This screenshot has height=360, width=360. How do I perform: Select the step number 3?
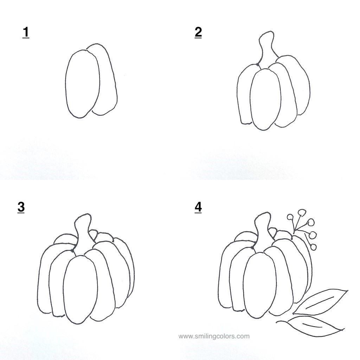21,207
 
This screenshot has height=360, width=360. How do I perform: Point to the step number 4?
198,207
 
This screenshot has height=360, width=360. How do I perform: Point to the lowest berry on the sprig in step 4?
313,247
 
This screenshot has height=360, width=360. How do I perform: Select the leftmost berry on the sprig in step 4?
290,217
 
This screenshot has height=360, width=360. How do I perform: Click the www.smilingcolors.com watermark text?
214,336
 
